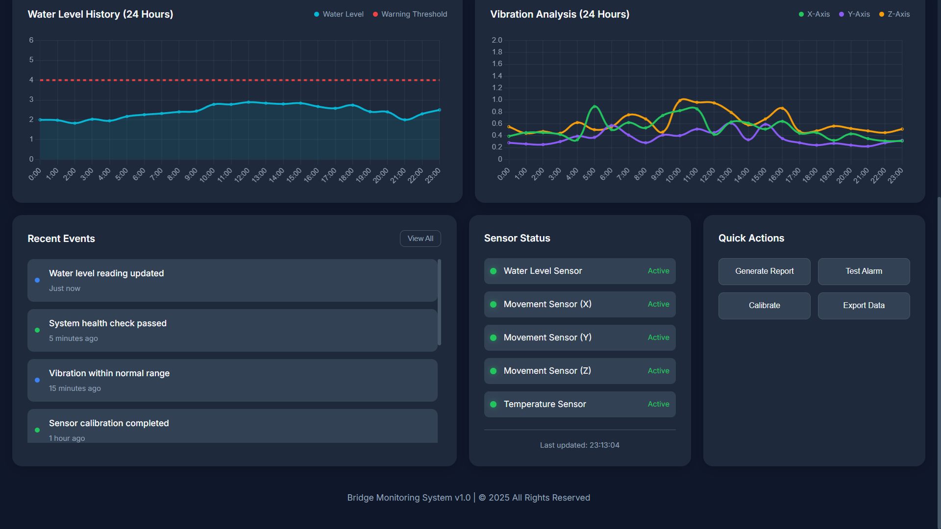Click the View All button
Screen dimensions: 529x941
pos(420,239)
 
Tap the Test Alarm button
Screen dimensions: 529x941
pos(864,271)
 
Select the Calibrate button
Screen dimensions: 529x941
pos(764,306)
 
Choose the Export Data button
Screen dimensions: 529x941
pos(864,306)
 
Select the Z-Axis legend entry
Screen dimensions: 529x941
pos(894,14)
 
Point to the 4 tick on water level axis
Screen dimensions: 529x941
pos(31,80)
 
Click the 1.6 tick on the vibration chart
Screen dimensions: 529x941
pos(497,64)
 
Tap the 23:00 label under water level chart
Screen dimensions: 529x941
pos(433,175)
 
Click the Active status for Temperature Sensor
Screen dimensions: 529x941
pos(658,404)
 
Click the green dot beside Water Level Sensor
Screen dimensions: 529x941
pos(494,271)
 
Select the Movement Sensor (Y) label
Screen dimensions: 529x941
pos(547,337)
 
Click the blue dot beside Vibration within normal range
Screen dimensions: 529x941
pos(37,380)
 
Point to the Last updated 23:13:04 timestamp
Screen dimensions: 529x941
pos(579,445)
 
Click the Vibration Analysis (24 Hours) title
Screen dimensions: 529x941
pos(560,14)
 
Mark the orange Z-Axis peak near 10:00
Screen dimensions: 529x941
pos(683,99)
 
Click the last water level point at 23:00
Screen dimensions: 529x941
pos(439,110)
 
